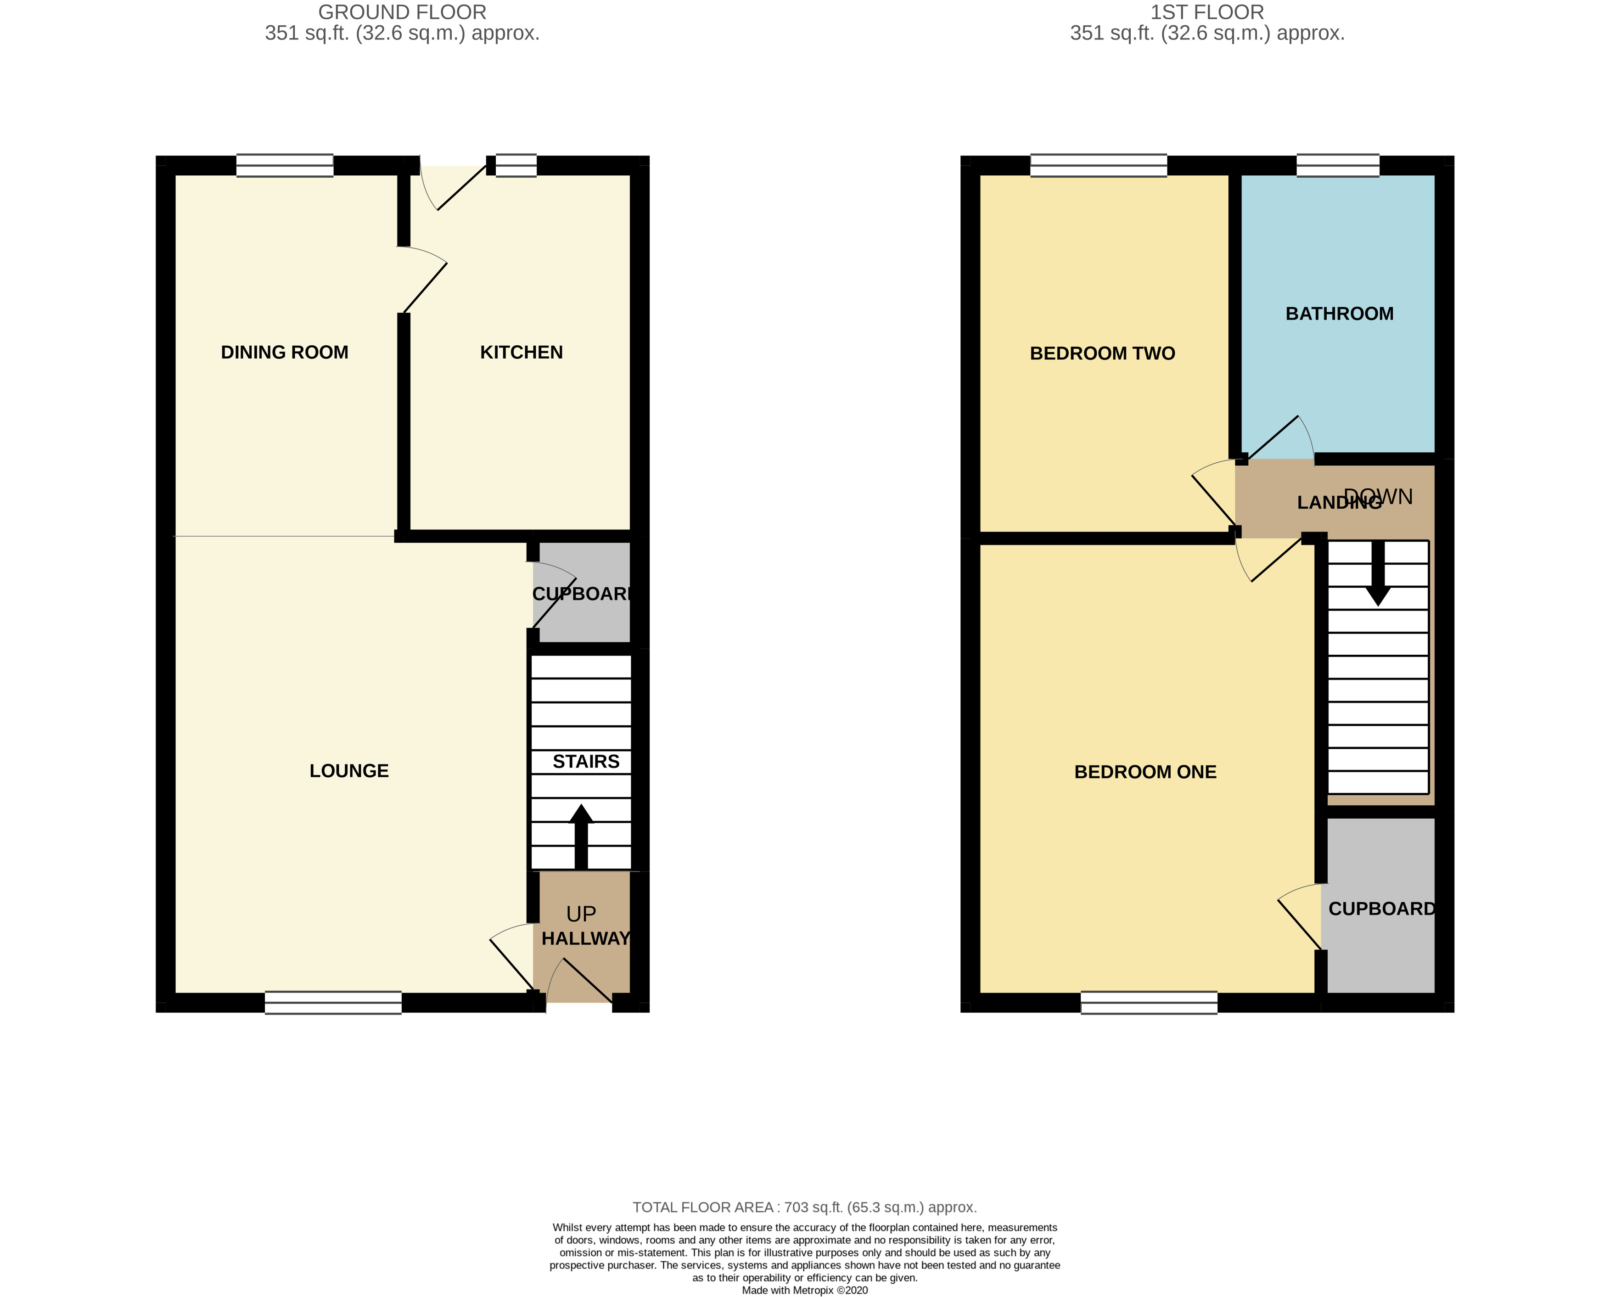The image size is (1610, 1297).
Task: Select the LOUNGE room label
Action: [349, 770]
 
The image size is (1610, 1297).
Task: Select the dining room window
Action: [285, 165]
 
